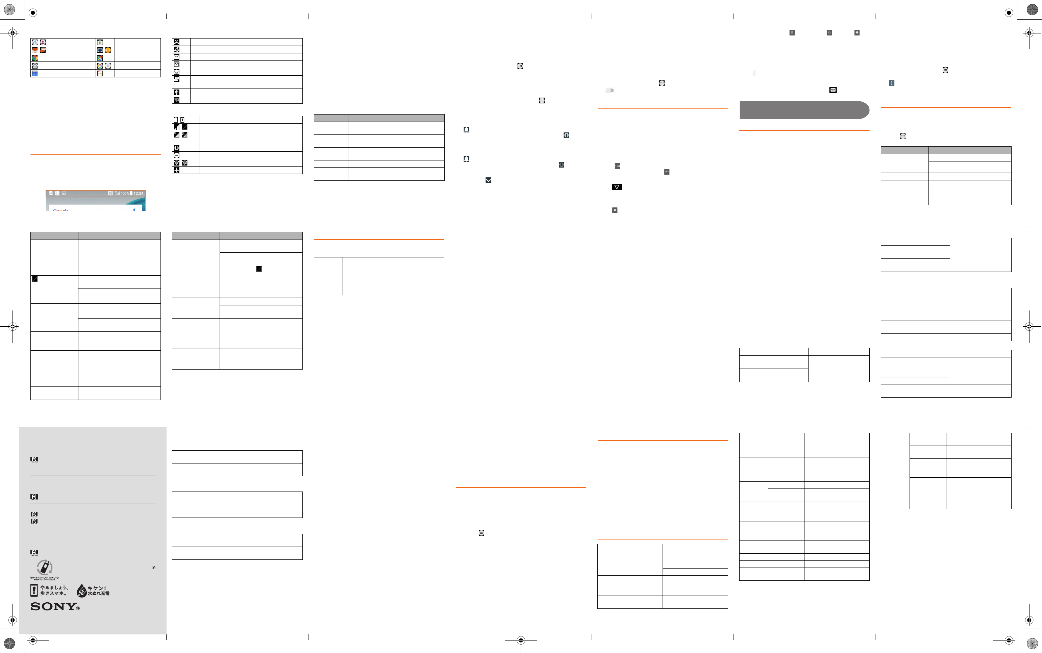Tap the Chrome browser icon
34,58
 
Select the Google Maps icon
100,58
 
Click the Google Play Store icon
100,42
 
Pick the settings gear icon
34,66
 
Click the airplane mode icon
177,170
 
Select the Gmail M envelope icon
177,64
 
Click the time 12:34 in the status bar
138,194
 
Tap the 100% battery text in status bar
124,194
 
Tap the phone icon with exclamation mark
34,590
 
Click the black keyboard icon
833,90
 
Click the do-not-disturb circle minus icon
177,155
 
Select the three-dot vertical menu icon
891,83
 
